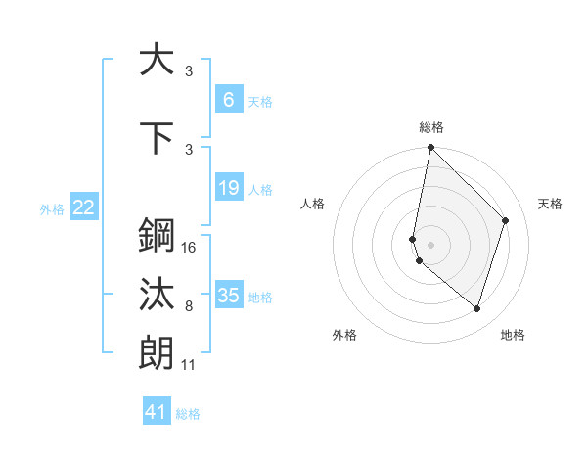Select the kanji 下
pos(156,138)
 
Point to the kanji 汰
pos(156,295)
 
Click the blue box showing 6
pos(228,99)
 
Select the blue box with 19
pos(228,188)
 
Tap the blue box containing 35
pos(228,296)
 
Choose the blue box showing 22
pos(84,207)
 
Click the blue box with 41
pos(157,412)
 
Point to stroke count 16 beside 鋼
pos(190,248)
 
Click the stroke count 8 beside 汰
pos(189,306)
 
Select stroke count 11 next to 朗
pos(189,365)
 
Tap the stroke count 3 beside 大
pos(189,70)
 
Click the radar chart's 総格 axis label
pos(431,127)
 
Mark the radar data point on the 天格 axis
pos(506,220)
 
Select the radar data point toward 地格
pos(476,308)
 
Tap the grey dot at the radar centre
pos(431,244)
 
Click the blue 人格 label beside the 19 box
pos(260,189)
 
